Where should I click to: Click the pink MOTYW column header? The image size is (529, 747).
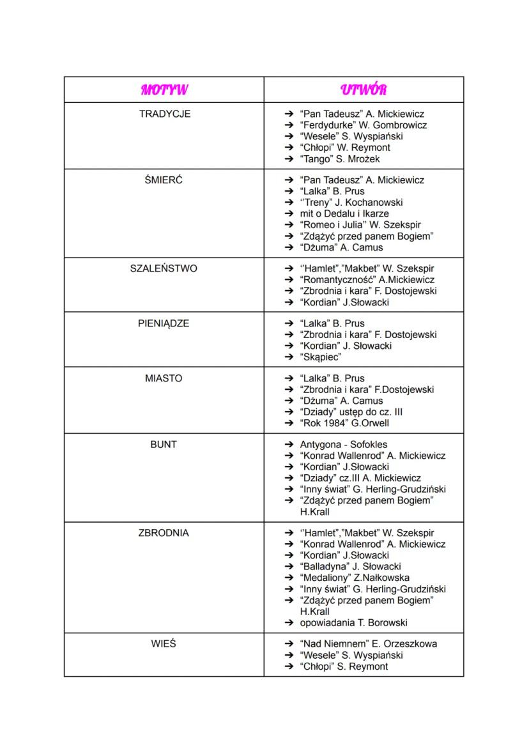click(x=164, y=89)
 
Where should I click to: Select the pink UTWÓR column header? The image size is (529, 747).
click(x=364, y=89)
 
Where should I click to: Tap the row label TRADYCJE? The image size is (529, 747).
click(x=164, y=114)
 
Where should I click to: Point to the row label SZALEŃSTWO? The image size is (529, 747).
click(x=164, y=268)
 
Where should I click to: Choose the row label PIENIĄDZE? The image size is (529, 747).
click(x=164, y=323)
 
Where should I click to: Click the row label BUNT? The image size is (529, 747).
click(x=164, y=444)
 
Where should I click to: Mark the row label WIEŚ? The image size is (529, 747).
click(x=164, y=643)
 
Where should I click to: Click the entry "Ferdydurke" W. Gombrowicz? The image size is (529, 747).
click(x=362, y=125)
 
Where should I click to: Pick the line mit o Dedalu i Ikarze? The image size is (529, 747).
click(x=344, y=213)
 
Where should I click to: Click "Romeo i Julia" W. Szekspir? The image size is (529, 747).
click(x=360, y=225)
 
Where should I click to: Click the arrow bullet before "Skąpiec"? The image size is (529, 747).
click(x=288, y=357)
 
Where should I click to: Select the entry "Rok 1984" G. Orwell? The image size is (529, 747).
click(x=344, y=423)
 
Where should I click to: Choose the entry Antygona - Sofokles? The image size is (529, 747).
click(x=343, y=444)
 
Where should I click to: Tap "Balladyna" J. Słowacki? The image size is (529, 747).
click(x=350, y=566)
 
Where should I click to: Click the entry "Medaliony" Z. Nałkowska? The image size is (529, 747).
click(x=355, y=578)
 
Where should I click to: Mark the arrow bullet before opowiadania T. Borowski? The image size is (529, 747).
click(x=288, y=622)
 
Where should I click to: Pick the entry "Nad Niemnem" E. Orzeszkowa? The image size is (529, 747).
click(x=368, y=643)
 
